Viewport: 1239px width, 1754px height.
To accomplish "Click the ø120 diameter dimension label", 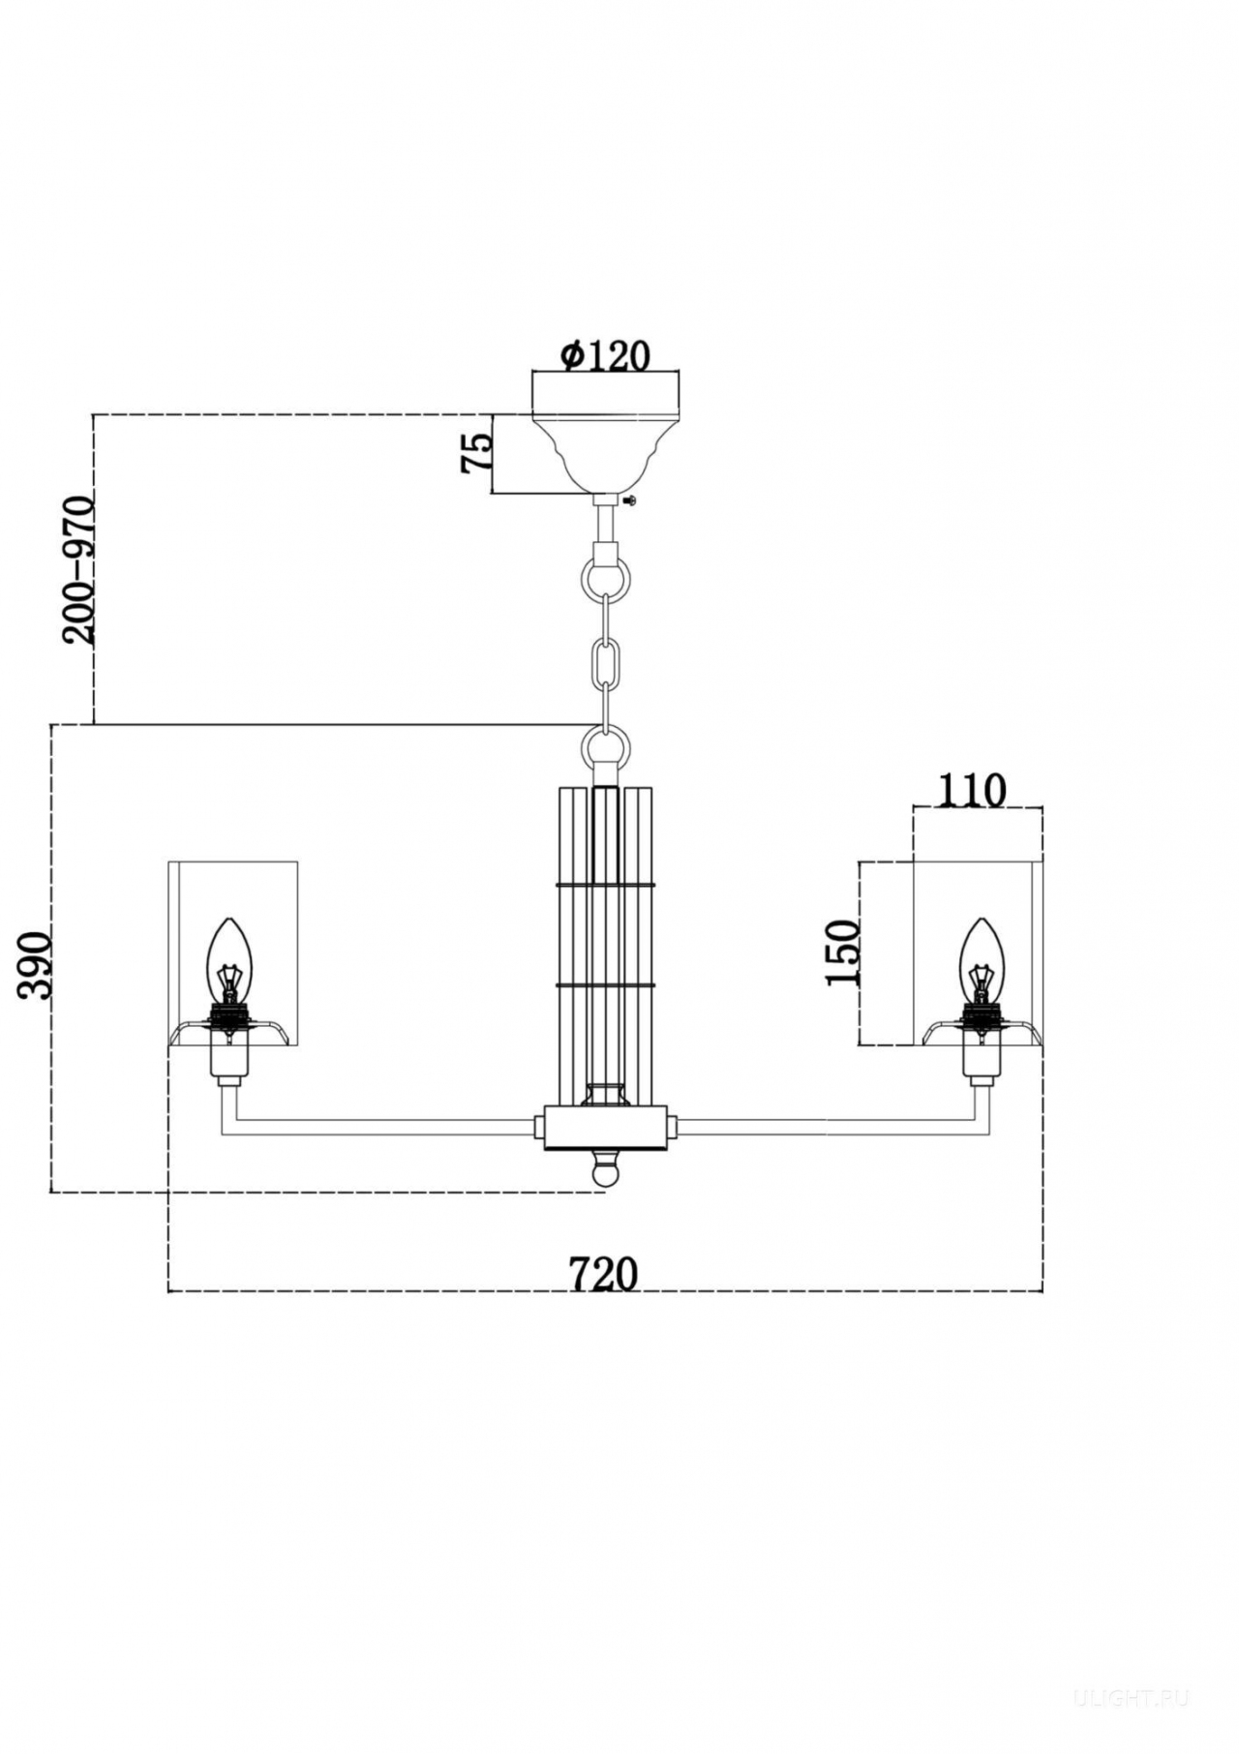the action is coord(605,355).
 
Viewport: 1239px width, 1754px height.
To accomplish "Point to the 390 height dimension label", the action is coord(36,964).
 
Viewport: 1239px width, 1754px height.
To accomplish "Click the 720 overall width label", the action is coord(603,1274).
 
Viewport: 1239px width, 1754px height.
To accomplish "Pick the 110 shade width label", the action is coord(972,791).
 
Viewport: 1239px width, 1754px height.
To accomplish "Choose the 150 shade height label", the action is coord(843,953).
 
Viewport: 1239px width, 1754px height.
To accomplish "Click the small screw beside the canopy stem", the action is coord(631,499).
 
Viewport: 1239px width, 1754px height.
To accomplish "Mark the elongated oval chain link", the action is coord(606,659).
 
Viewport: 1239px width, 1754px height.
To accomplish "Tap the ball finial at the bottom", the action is coord(605,1167).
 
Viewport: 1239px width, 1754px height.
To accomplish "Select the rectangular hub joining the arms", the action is coord(606,1127).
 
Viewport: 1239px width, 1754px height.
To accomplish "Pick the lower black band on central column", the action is coord(606,985).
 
